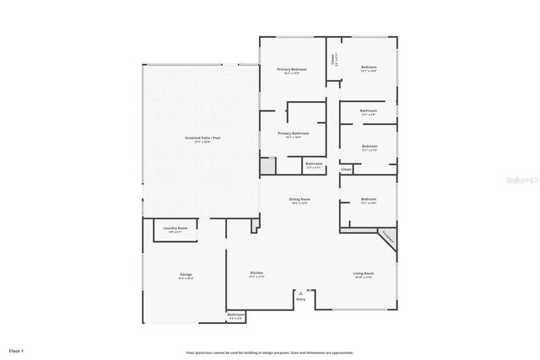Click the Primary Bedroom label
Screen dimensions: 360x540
pos(293,70)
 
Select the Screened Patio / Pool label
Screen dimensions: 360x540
pos(203,137)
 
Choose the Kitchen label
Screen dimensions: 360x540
pos(257,273)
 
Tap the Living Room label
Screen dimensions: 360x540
pos(363,273)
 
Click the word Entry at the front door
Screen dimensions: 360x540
pos(300,299)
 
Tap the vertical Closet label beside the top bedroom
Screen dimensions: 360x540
pos(332,59)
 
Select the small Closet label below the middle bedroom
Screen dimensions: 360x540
pos(346,169)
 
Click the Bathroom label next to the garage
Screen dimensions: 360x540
pos(237,317)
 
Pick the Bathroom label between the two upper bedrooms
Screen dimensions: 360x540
pos(368,111)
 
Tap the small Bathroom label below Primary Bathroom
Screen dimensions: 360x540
pos(314,164)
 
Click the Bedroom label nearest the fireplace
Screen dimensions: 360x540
pos(369,201)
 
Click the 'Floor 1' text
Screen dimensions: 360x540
pos(17,350)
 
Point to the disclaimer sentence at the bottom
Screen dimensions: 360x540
pos(270,352)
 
